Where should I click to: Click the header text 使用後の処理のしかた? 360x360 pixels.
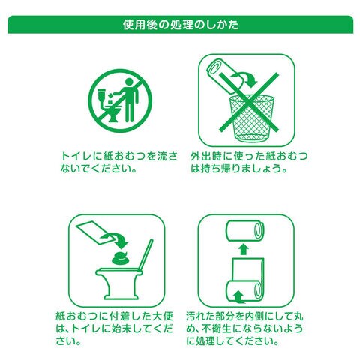click(181, 25)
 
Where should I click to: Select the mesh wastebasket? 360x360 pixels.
click(252, 118)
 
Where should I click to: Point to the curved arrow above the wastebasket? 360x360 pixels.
click(244, 78)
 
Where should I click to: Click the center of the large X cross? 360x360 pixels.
click(249, 102)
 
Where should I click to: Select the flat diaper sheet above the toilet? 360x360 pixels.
click(94, 232)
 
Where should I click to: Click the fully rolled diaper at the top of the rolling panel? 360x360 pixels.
click(244, 231)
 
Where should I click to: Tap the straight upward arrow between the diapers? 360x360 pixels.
click(244, 250)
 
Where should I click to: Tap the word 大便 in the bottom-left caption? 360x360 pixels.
click(163, 316)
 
